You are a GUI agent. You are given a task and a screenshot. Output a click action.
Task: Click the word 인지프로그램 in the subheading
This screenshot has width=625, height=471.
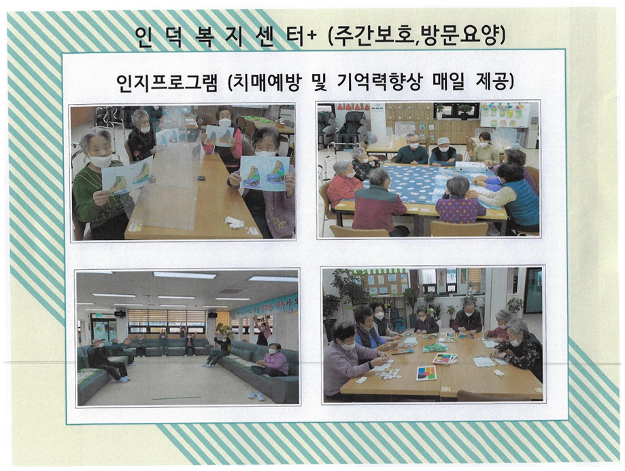coord(167,82)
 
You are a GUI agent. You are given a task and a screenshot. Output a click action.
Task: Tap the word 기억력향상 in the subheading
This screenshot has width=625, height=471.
coord(379,82)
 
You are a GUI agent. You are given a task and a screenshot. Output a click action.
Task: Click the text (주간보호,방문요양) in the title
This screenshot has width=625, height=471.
coord(416,37)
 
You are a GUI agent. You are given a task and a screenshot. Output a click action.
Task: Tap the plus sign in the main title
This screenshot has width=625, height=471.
coord(311,36)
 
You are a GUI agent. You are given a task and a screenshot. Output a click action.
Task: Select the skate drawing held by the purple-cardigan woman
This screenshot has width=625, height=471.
coord(265,173)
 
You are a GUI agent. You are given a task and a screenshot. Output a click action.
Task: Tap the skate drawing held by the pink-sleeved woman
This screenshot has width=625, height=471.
coord(219,137)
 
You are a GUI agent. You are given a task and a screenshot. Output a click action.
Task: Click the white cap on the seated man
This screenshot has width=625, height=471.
coord(443,141)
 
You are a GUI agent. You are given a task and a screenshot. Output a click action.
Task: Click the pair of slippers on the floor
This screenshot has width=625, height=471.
coord(256,395)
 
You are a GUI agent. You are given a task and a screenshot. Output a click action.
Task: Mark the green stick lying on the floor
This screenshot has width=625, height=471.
coord(177,398)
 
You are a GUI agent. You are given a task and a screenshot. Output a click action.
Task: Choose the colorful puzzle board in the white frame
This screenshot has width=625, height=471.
coord(426,373)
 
